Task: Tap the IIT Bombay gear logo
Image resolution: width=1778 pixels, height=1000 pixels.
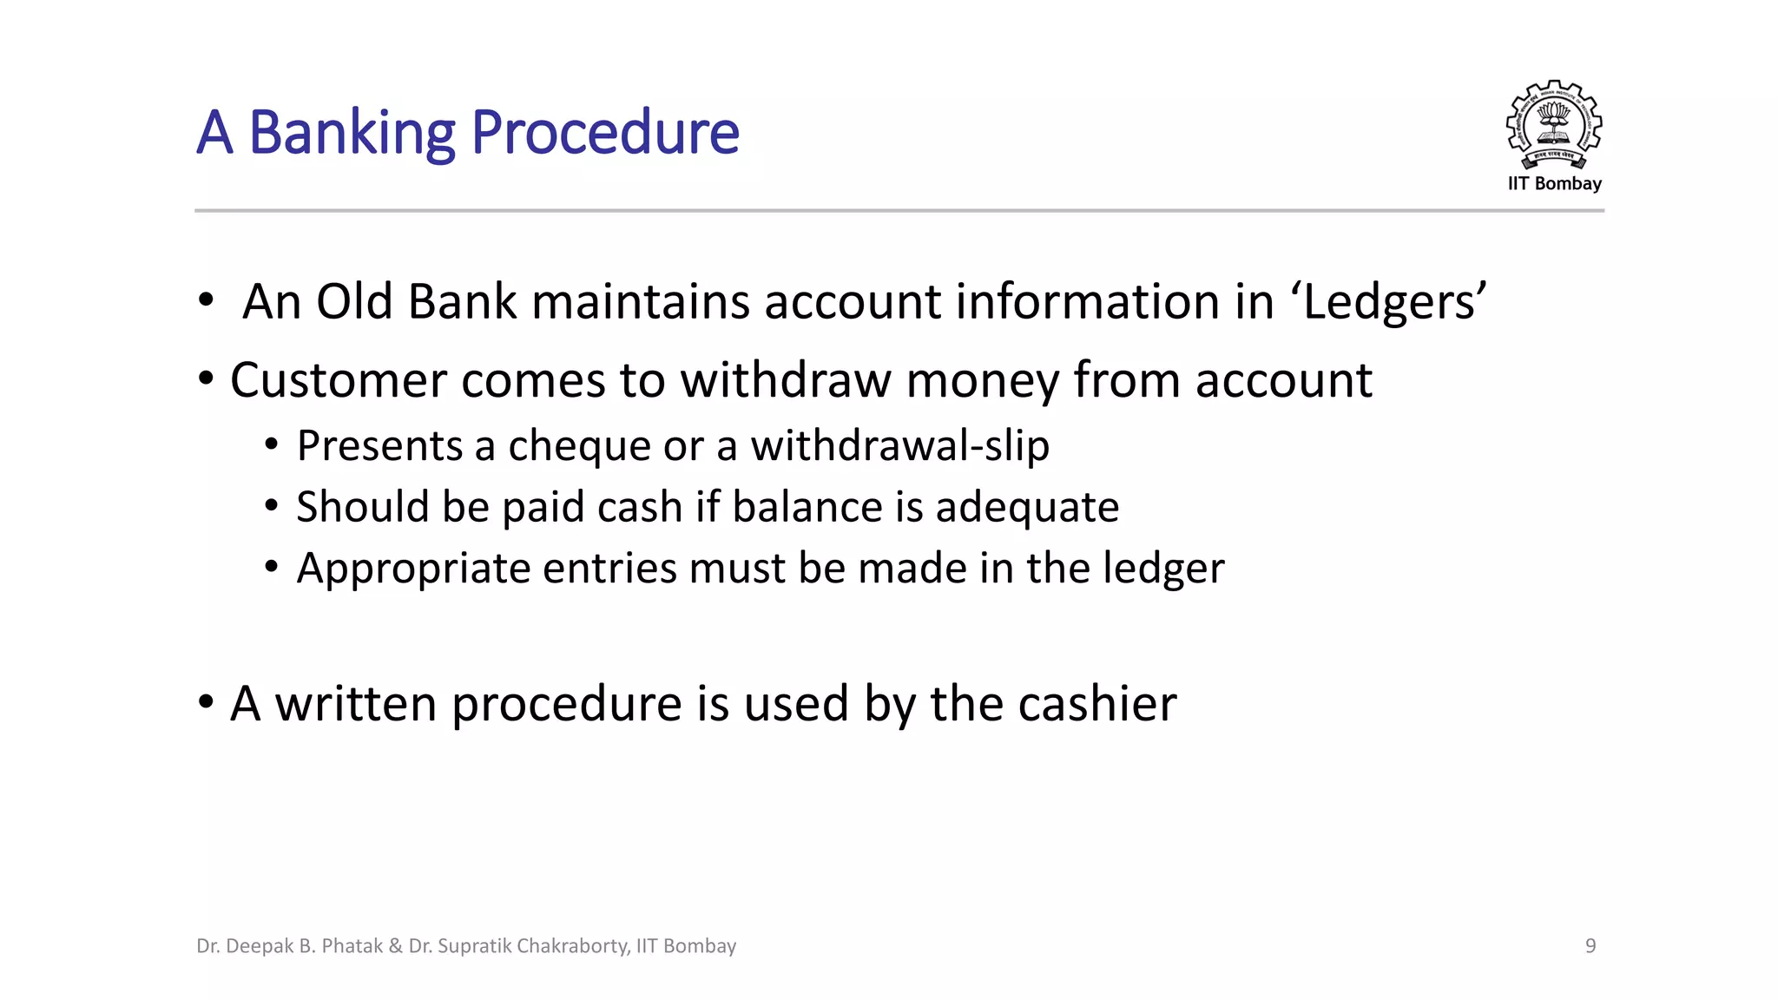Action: (1553, 125)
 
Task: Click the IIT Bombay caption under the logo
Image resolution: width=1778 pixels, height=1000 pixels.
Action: (1554, 183)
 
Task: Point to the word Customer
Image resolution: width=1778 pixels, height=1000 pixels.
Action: (338, 380)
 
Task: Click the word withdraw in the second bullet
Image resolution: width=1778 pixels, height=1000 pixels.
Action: (785, 380)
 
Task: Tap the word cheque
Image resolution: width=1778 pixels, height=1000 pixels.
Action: (578, 446)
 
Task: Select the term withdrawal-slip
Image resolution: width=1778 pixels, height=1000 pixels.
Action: (899, 446)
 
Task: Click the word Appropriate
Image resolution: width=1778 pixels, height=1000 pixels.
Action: (412, 569)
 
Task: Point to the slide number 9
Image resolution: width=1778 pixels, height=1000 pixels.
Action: (1590, 945)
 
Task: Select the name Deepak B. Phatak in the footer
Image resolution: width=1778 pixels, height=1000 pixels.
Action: (304, 945)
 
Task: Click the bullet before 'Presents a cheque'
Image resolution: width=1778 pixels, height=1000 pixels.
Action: (272, 444)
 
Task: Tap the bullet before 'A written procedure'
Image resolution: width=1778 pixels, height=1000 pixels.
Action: (206, 701)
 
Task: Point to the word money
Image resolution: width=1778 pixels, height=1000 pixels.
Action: (982, 380)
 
